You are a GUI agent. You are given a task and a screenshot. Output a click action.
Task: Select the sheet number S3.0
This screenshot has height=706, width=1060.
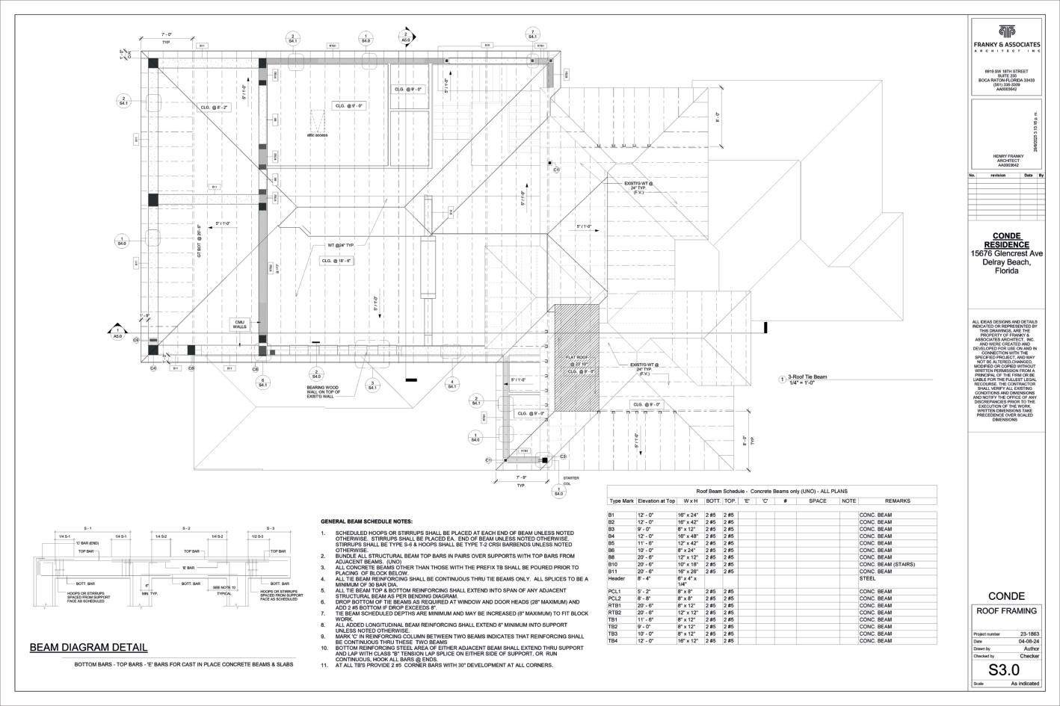point(1004,670)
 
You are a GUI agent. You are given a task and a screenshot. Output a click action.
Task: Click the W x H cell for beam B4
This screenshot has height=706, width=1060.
point(688,536)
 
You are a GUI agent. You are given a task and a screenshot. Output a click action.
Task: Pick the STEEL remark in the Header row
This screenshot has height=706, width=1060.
point(867,578)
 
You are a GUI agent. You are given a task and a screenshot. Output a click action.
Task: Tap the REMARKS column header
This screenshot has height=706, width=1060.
point(897,501)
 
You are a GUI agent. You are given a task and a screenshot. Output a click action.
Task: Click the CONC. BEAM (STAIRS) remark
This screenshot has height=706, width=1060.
point(887,564)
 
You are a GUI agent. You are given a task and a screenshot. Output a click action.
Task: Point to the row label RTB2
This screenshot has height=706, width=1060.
point(616,613)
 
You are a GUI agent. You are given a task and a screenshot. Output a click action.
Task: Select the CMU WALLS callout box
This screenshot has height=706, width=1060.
point(240,324)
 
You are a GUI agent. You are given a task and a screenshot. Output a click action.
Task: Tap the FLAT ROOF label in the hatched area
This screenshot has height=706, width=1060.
point(577,358)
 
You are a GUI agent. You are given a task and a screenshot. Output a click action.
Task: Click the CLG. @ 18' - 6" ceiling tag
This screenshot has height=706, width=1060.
point(336,261)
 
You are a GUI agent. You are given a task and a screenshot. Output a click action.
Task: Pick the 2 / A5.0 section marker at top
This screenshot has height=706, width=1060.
point(406,36)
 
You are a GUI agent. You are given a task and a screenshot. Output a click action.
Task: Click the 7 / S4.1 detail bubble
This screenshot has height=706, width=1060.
point(532,34)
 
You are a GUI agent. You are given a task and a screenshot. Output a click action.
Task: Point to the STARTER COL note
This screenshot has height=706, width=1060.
point(570,480)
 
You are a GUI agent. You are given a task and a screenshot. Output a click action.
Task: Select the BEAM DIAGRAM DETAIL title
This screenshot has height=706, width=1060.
point(88,647)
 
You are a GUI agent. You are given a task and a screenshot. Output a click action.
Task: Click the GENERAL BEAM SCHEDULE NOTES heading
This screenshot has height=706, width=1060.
point(366,521)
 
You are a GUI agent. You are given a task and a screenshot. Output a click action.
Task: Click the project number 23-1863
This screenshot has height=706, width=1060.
point(1029,634)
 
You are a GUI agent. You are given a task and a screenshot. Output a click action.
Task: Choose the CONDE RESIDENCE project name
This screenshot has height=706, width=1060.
point(1005,241)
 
